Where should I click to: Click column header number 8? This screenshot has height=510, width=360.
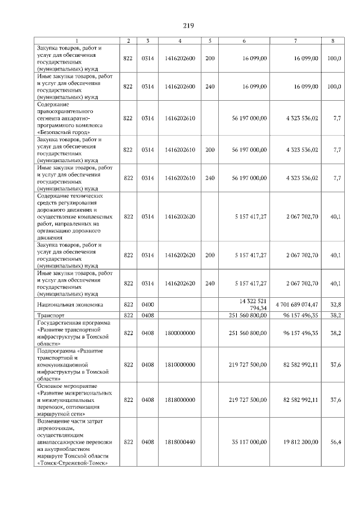[334, 41]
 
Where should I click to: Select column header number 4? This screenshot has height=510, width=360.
[179, 41]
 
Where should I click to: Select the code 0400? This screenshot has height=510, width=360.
[148, 305]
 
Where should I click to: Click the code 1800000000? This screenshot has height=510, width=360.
[180, 333]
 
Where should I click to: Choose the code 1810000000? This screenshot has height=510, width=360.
[180, 364]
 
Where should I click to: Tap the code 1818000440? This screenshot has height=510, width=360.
[180, 442]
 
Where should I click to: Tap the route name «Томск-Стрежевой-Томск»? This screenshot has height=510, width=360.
[72, 463]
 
